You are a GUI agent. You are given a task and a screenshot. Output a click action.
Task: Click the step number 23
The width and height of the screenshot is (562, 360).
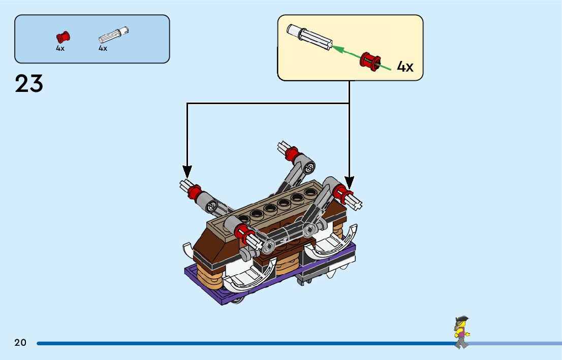(29, 84)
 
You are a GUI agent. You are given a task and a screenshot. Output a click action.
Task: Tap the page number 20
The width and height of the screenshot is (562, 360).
(20, 343)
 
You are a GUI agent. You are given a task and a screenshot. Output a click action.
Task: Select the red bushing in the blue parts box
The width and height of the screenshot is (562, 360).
(63, 37)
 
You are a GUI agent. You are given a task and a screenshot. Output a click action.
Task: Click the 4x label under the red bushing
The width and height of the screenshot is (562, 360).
(60, 48)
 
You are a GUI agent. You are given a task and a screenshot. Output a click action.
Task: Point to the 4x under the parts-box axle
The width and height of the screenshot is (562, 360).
(103, 48)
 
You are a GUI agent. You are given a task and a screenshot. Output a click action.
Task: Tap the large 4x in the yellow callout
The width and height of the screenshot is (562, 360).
(405, 67)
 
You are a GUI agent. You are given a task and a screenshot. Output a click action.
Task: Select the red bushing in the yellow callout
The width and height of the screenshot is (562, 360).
(370, 61)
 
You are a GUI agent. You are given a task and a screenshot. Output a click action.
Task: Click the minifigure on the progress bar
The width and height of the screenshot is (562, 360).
(461, 332)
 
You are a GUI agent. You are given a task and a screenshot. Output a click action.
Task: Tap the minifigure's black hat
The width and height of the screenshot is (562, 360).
(461, 319)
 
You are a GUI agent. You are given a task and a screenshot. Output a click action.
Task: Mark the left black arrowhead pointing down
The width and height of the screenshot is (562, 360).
(187, 172)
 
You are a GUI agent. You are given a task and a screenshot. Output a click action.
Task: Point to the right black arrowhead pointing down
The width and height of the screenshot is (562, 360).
(349, 182)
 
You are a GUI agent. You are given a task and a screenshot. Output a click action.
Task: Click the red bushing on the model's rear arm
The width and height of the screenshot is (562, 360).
(292, 152)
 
